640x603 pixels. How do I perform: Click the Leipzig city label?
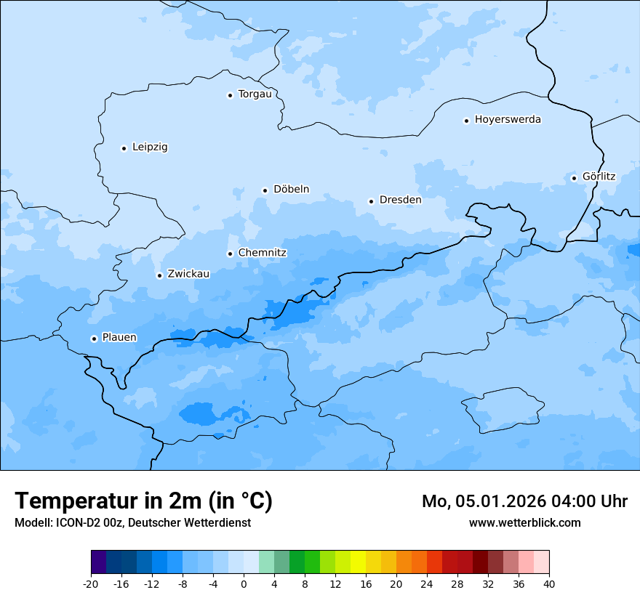[150, 147]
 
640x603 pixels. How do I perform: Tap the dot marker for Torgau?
[230, 95]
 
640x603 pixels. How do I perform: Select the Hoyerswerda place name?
[508, 120]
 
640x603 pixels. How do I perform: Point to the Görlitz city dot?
[574, 178]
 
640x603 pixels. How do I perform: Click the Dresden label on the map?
[400, 200]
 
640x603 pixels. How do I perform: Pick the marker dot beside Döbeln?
[265, 190]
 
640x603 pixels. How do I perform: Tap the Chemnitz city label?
[262, 254]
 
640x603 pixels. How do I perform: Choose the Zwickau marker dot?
[159, 275]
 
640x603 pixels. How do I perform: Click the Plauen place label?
[119, 338]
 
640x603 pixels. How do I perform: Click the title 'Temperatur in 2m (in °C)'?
[144, 501]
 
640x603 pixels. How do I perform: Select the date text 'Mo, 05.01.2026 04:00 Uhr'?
[524, 502]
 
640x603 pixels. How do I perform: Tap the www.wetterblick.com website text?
[524, 522]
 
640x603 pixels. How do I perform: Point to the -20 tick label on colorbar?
[91, 584]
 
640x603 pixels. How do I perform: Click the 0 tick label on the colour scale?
[244, 584]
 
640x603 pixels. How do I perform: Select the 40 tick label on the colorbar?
[549, 584]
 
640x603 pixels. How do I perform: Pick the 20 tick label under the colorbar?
[396, 584]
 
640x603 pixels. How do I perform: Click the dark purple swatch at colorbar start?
[98, 562]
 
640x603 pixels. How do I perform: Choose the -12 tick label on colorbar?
[151, 584]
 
